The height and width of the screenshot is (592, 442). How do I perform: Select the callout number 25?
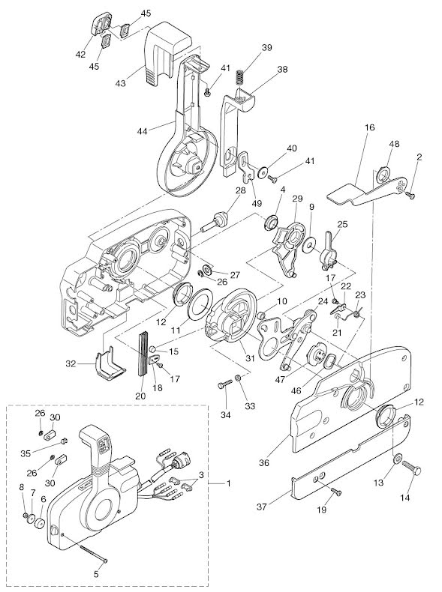(x=342, y=224)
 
